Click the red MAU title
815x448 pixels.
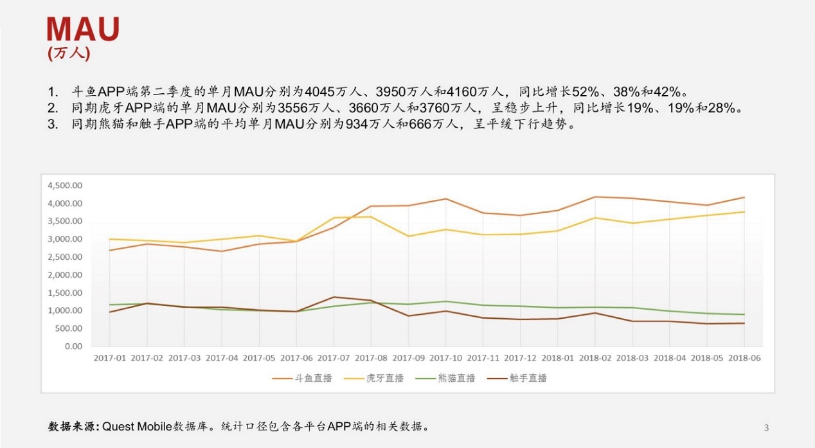coord(83,30)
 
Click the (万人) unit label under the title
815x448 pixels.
coord(69,53)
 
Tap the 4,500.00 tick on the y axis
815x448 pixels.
coord(65,186)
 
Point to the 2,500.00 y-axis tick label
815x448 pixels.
coord(65,257)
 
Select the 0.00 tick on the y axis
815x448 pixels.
coord(73,346)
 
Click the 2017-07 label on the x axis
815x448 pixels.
coord(333,358)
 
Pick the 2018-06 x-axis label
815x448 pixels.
coord(744,358)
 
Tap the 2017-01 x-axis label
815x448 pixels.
coord(109,358)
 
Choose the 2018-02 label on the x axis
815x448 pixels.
coord(595,358)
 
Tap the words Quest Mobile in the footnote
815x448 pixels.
coord(138,426)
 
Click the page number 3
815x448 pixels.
coord(766,427)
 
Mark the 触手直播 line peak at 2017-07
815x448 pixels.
coord(333,297)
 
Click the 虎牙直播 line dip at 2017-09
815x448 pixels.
coord(408,236)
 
